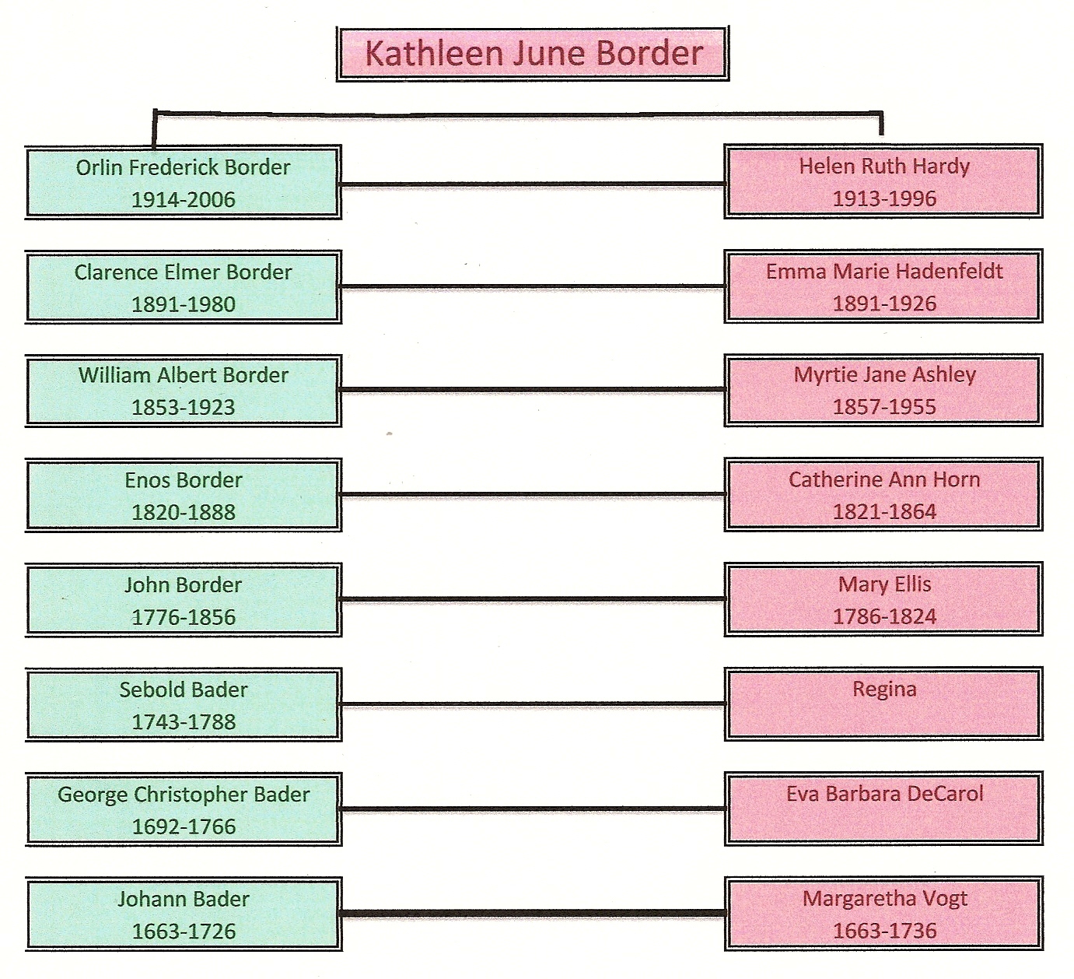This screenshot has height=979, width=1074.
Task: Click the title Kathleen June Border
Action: (x=534, y=54)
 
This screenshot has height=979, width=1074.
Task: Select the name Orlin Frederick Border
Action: (x=183, y=167)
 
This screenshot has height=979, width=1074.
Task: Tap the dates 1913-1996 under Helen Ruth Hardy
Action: (x=884, y=198)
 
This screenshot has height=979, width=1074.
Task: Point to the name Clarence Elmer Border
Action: (x=183, y=272)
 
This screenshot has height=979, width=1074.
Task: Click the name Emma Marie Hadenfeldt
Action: (x=884, y=271)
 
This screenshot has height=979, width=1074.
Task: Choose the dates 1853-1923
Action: (x=183, y=407)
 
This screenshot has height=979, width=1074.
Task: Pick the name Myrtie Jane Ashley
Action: (x=884, y=375)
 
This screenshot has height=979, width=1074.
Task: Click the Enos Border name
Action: (x=183, y=480)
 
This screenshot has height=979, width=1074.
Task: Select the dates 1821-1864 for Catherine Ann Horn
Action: (x=884, y=512)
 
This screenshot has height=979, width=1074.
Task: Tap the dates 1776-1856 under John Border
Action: (x=183, y=617)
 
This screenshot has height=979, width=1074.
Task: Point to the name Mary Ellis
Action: (x=884, y=584)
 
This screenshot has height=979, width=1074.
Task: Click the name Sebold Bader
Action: (x=183, y=690)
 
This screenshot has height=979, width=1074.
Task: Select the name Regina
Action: (x=884, y=690)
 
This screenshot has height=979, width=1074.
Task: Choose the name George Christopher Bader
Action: (x=183, y=795)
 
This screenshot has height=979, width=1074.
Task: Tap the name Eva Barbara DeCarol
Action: (x=884, y=794)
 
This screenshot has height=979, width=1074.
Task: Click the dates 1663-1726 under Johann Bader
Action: (x=183, y=932)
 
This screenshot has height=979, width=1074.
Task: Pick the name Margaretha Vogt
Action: (x=884, y=899)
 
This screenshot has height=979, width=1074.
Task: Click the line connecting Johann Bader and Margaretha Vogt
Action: (x=534, y=913)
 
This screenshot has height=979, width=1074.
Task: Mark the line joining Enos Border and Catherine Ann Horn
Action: (x=534, y=494)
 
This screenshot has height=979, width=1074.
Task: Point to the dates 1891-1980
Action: (x=183, y=304)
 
